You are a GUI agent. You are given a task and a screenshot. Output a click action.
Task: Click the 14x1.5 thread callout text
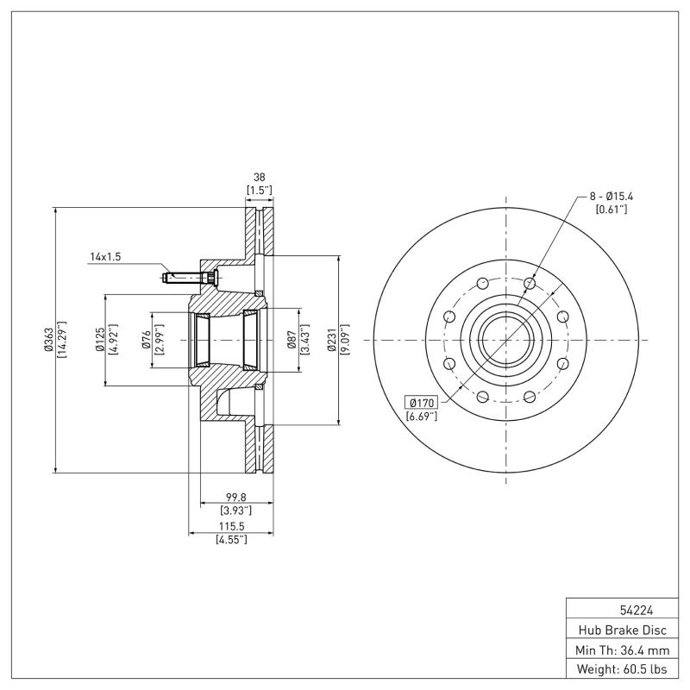tap(106, 257)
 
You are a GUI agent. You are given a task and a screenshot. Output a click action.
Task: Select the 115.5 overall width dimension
tap(230, 525)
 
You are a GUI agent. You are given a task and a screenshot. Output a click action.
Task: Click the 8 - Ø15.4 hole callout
tap(611, 198)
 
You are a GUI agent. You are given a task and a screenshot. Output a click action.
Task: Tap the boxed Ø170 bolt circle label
tap(422, 403)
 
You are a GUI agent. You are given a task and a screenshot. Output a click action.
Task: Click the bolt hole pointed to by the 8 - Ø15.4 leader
tap(530, 284)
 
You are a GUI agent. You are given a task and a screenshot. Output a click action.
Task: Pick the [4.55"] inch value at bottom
tap(230, 539)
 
